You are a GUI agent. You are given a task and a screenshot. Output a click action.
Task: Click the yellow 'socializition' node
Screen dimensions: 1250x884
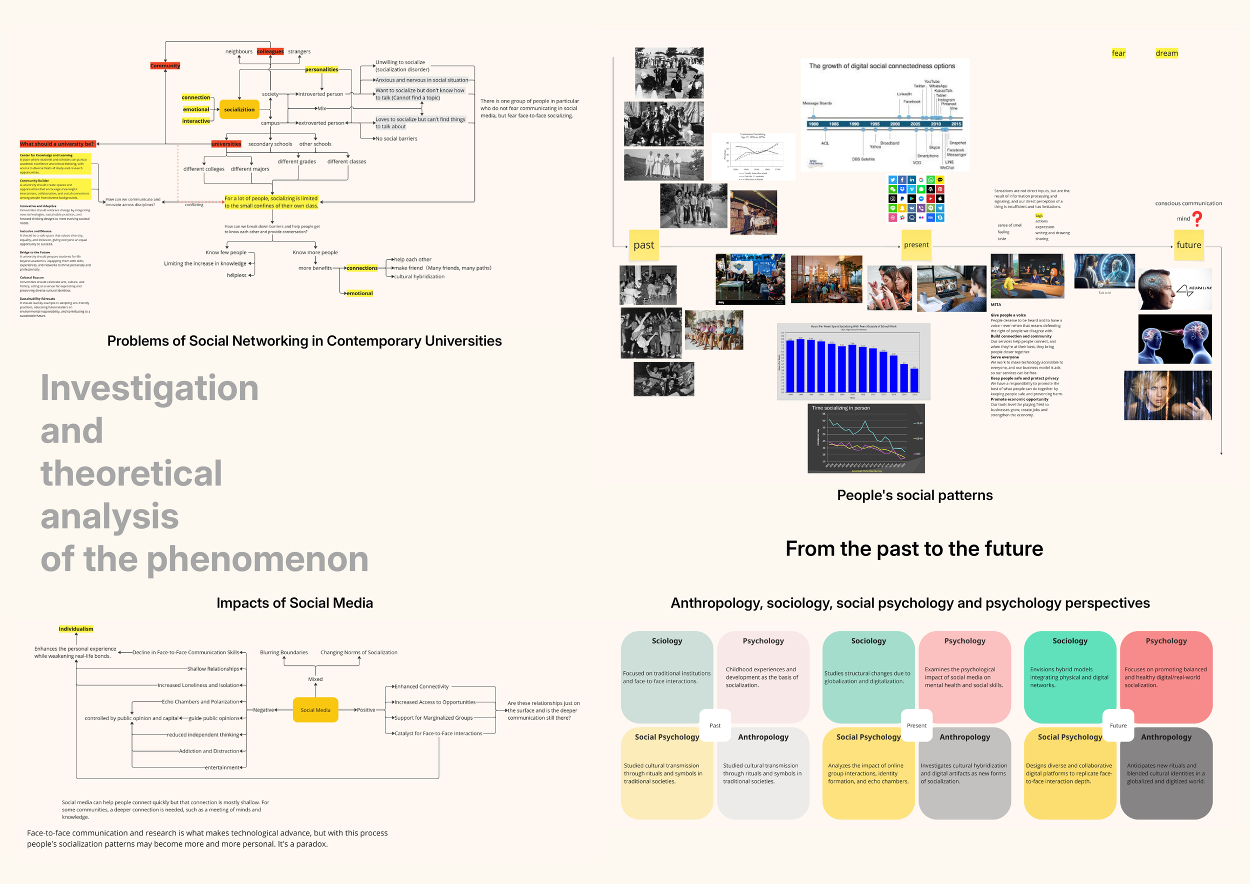coord(239,109)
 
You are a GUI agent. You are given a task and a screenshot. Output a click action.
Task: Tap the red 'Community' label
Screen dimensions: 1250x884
coord(165,66)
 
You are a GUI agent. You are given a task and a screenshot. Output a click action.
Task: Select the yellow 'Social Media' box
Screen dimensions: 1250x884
coord(315,710)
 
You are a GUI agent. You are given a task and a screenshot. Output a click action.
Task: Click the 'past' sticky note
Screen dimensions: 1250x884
coord(643,245)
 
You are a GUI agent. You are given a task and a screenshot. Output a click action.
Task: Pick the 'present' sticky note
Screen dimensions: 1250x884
coord(916,245)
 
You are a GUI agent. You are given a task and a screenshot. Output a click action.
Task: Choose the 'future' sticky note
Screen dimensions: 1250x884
coord(1188,245)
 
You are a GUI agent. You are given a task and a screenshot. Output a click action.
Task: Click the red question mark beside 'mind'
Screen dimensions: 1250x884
coord(1197,219)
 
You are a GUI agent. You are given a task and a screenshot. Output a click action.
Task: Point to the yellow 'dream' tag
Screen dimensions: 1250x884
coord(1166,53)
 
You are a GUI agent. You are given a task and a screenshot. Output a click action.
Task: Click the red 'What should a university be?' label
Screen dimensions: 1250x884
coord(57,144)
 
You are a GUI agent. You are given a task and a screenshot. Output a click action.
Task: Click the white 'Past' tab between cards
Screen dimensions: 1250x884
coord(715,725)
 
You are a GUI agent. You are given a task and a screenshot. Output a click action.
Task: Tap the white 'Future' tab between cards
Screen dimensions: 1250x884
coord(1118,725)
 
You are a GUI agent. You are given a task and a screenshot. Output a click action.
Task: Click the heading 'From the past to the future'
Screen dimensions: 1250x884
coord(914,548)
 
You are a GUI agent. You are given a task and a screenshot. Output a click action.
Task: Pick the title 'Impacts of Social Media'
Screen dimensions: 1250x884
coord(294,603)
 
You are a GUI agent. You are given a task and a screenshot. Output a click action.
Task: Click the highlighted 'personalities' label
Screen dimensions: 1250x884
coord(321,69)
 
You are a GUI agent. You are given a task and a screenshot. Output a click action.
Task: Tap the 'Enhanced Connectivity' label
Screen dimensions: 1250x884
coord(421,687)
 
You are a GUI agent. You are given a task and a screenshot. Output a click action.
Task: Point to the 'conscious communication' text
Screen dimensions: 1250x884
coord(1188,203)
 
